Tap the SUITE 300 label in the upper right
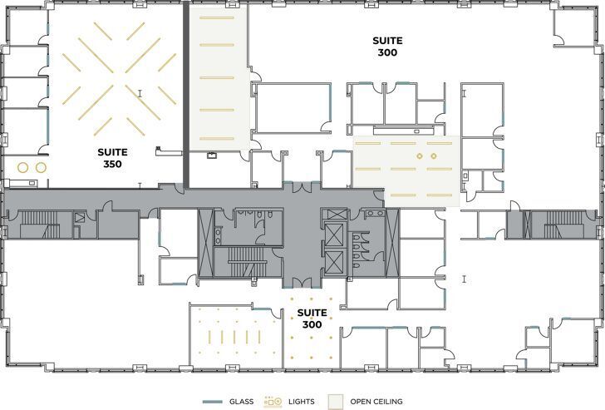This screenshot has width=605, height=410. click(x=386, y=47)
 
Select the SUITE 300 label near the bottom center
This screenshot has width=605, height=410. click(x=312, y=319)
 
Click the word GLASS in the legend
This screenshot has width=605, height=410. click(x=241, y=402)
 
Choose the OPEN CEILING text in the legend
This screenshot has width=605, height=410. click(x=376, y=402)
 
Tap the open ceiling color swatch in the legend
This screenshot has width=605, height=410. click(x=336, y=402)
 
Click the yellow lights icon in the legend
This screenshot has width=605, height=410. click(x=273, y=402)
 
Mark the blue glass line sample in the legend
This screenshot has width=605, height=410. click(x=214, y=402)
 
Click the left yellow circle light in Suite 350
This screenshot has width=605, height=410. click(x=22, y=167)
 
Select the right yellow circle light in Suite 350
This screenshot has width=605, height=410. click(x=39, y=167)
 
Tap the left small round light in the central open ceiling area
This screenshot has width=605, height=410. click(x=420, y=156)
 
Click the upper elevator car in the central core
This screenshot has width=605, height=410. click(x=334, y=234)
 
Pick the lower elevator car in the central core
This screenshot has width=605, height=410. click(x=334, y=261)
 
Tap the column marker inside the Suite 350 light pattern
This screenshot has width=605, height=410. click(x=140, y=93)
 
